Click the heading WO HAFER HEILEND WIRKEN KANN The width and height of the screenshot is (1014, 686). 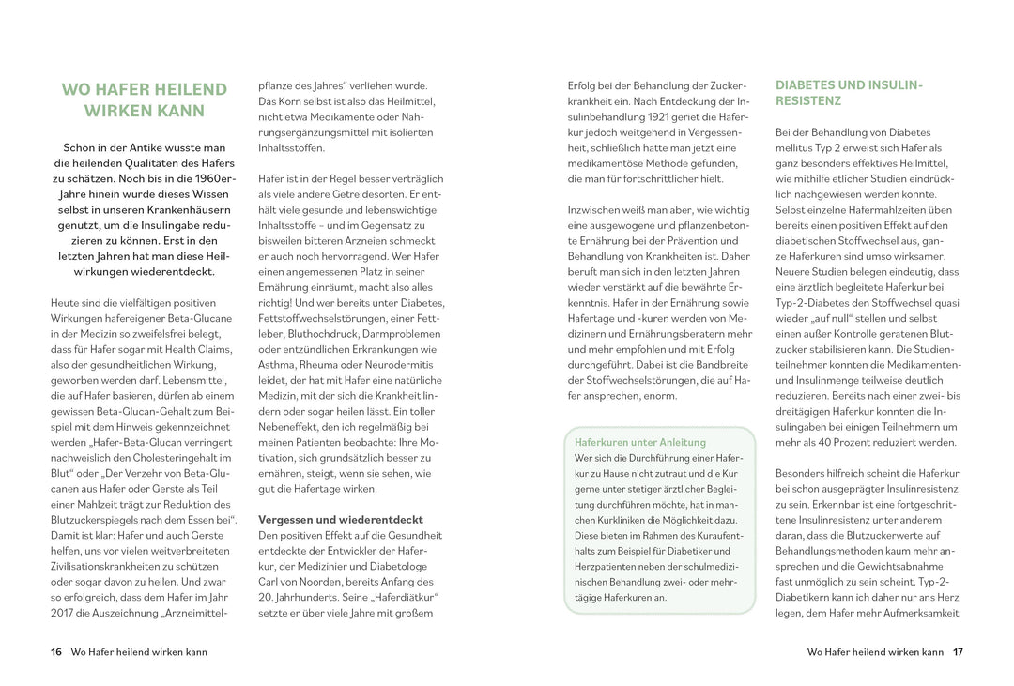click(x=144, y=99)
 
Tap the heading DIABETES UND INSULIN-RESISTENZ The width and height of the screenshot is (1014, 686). click(x=849, y=92)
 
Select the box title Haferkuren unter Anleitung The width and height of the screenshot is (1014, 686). click(x=639, y=442)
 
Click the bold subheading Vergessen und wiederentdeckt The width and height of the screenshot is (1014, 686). click(x=340, y=519)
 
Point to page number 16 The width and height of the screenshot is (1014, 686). click(x=56, y=652)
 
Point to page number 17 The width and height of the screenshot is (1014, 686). click(x=958, y=652)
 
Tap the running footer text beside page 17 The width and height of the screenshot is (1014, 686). click(x=874, y=652)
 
